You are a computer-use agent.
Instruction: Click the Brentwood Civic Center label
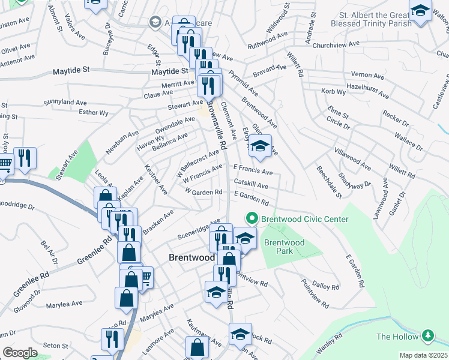(304, 219)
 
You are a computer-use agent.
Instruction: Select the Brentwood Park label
(285, 247)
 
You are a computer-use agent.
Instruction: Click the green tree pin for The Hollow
(427, 335)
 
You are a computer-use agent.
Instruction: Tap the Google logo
(20, 352)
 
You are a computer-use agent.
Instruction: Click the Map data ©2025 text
(424, 355)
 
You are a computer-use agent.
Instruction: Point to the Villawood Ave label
(353, 158)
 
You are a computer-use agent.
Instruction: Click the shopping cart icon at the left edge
(4, 164)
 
